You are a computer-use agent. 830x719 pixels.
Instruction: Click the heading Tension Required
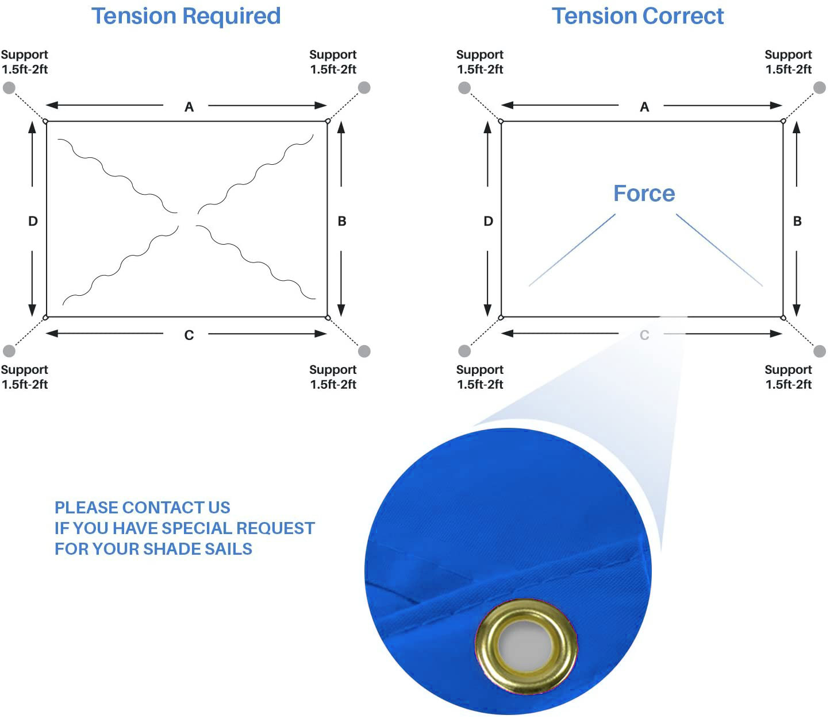[x=186, y=17]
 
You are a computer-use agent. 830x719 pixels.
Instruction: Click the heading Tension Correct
[x=637, y=16]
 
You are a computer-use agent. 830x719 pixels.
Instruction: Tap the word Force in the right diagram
[x=644, y=194]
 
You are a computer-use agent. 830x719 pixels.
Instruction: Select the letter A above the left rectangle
[x=189, y=107]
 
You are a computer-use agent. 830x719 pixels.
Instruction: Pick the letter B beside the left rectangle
[x=342, y=221]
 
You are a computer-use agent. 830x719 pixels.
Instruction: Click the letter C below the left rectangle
[x=189, y=335]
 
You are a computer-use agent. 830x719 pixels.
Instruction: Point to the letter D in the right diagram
[x=488, y=221]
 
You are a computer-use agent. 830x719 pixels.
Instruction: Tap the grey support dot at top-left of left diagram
[x=9, y=87]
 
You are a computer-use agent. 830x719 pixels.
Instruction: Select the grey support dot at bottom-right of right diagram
[x=820, y=351]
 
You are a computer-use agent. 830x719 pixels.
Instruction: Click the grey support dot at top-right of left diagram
[x=364, y=87]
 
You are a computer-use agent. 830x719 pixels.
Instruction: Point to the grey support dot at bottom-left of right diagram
[x=464, y=351]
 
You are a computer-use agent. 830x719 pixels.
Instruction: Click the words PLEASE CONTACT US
[x=143, y=508]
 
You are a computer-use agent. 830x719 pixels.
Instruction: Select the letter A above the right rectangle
[x=644, y=107]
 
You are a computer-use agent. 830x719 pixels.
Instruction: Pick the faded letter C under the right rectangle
[x=644, y=335]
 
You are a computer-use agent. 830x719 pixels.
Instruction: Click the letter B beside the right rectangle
[x=797, y=221]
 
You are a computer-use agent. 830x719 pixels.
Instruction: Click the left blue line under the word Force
[x=572, y=250]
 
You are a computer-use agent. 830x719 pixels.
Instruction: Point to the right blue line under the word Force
[x=719, y=250]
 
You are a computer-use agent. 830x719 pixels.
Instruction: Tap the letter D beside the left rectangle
[x=33, y=221]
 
